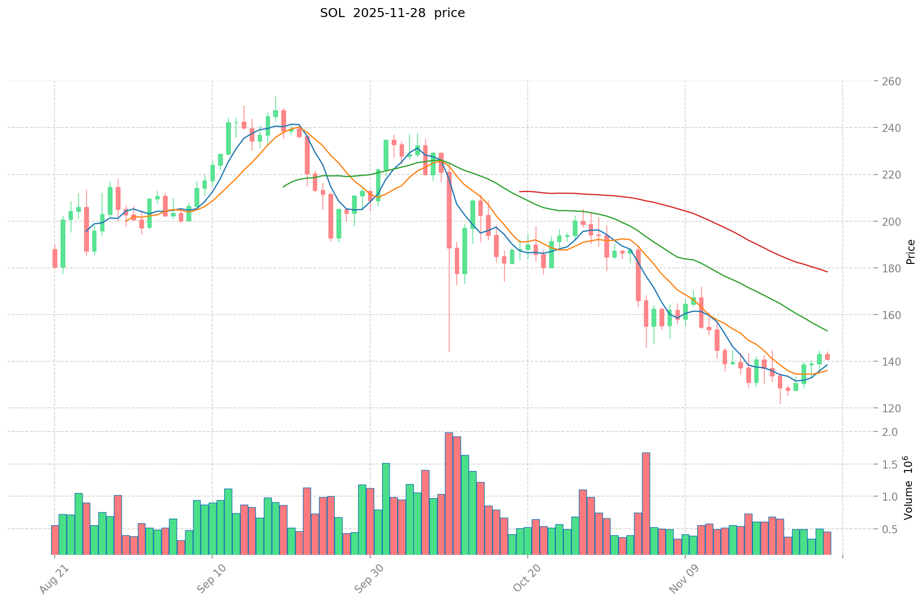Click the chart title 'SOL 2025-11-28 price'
[392, 13]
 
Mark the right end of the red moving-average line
[827, 272]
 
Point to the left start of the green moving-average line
[283, 187]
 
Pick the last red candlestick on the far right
[827, 357]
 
